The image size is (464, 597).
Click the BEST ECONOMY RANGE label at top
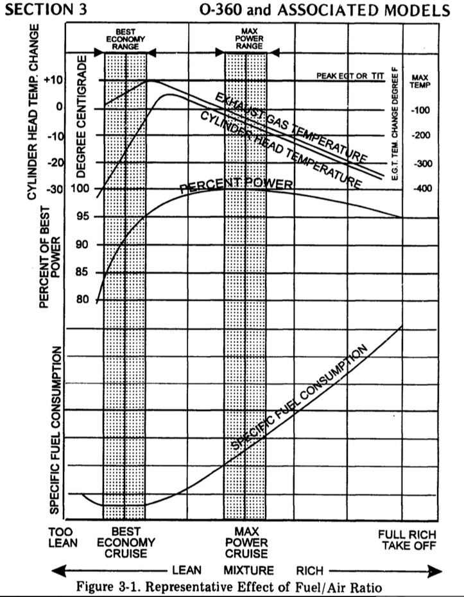coord(125,38)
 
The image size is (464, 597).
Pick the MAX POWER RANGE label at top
coord(245,38)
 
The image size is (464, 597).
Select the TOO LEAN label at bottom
coord(62,537)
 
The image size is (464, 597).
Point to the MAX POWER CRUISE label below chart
coord(246,542)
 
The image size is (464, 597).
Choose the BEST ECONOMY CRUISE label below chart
coord(125,542)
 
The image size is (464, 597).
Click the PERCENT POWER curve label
coord(236,186)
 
